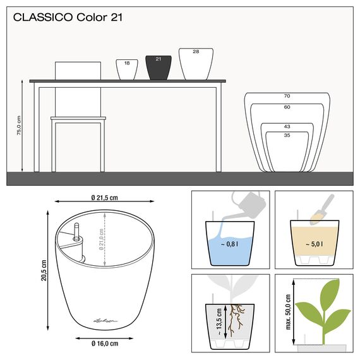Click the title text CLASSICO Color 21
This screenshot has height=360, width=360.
point(68,17)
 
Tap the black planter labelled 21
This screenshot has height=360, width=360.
point(159,68)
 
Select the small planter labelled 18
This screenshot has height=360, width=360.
point(126,69)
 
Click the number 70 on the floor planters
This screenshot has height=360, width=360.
point(287,96)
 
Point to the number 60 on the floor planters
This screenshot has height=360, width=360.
point(287,107)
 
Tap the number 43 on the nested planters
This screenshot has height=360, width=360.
point(287,126)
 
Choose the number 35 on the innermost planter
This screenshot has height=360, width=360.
point(287,135)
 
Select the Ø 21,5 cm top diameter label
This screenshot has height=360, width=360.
point(105,197)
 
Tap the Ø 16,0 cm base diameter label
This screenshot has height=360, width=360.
point(105,343)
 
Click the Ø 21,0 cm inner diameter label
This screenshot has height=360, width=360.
point(102,248)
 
